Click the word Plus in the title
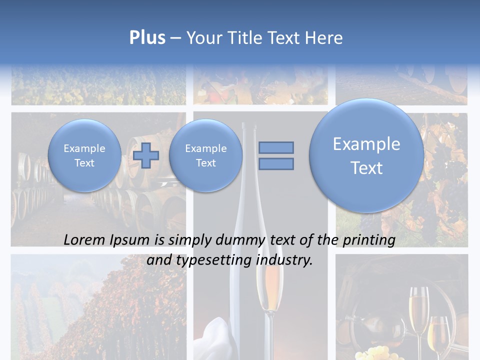147,38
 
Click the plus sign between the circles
146,155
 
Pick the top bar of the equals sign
276,147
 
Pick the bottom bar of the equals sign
276,163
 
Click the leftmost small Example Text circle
84,155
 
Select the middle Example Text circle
205,155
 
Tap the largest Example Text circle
366,155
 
